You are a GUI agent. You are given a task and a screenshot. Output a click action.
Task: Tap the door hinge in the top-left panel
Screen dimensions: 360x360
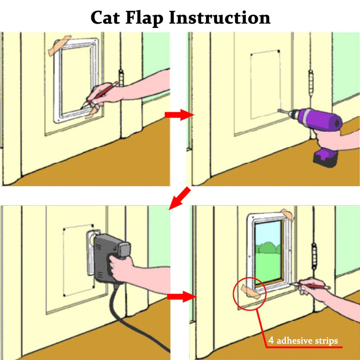[120, 79]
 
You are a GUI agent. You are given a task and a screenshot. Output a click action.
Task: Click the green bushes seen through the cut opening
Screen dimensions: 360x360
[267, 249]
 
